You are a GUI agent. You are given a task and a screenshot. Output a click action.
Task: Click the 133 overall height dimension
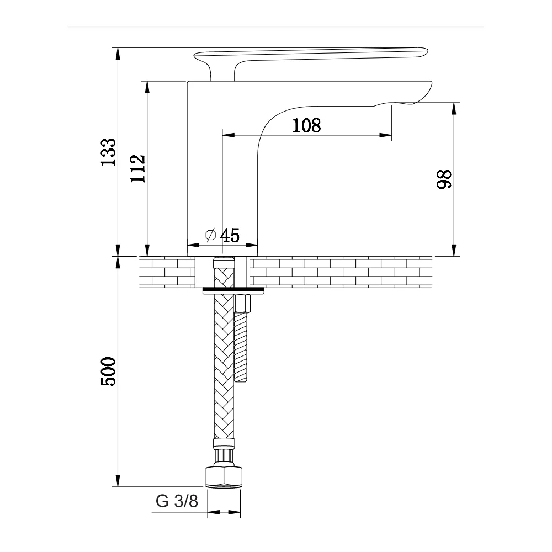pos(108,152)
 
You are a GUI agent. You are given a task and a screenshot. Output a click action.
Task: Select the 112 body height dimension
pos(138,168)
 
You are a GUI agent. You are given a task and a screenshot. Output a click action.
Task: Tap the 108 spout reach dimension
pos(306,126)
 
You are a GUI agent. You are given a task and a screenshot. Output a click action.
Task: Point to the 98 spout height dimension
pos(444,179)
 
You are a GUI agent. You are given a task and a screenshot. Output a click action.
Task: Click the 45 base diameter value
pos(230,236)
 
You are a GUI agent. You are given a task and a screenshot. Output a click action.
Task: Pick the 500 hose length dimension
pos(108,371)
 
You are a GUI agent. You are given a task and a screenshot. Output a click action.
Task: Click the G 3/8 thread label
pos(177,501)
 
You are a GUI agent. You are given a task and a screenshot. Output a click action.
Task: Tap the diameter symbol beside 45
pos(210,235)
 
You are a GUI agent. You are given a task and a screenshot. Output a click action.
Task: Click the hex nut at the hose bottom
pos(224,477)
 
